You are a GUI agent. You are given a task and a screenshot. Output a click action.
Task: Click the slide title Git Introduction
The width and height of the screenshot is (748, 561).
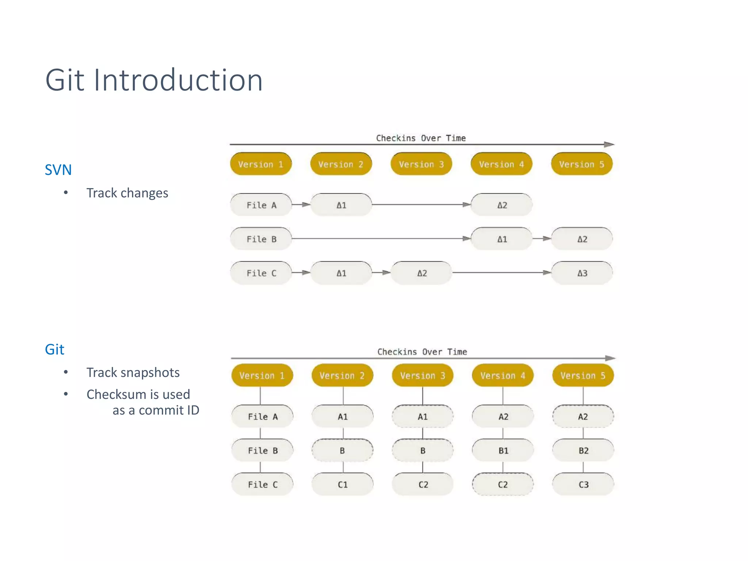tap(154, 80)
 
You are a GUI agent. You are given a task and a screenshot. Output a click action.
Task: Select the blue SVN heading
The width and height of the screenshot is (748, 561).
tap(58, 170)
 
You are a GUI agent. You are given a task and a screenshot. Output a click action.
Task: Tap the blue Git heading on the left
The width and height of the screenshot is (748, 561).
tap(54, 350)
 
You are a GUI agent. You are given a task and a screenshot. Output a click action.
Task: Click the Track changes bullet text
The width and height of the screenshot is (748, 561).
tap(127, 193)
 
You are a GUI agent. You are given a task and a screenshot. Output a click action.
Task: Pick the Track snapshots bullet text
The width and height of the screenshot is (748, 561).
tap(133, 373)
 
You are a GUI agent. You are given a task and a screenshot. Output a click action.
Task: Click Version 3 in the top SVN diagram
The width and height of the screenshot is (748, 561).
tap(421, 164)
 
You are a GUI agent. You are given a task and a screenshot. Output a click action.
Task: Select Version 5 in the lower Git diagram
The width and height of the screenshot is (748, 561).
tap(583, 375)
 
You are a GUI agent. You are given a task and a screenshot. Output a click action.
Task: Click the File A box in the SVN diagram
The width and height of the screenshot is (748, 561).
tap(261, 205)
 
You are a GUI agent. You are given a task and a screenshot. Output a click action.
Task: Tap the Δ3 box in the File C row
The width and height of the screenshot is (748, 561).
tap(582, 273)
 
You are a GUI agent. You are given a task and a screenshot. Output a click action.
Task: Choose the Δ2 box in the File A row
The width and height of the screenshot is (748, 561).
tap(502, 205)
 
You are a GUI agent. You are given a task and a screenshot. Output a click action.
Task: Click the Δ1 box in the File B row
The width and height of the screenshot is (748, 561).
tap(502, 239)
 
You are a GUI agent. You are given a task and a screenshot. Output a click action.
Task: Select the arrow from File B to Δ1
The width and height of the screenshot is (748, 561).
tap(380, 238)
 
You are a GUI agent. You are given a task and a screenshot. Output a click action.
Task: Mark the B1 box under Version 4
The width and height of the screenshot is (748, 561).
tap(503, 450)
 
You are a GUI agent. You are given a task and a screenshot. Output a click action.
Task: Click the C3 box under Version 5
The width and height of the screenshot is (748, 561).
tap(583, 485)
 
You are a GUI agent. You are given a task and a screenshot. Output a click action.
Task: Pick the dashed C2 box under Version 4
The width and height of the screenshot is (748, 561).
tap(503, 485)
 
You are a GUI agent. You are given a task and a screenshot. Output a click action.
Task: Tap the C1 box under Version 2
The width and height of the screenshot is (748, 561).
tap(343, 485)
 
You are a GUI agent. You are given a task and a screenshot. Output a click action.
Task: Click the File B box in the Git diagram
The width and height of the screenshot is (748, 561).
tap(262, 450)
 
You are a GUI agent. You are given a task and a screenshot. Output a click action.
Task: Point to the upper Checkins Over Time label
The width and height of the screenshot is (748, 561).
tap(421, 138)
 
